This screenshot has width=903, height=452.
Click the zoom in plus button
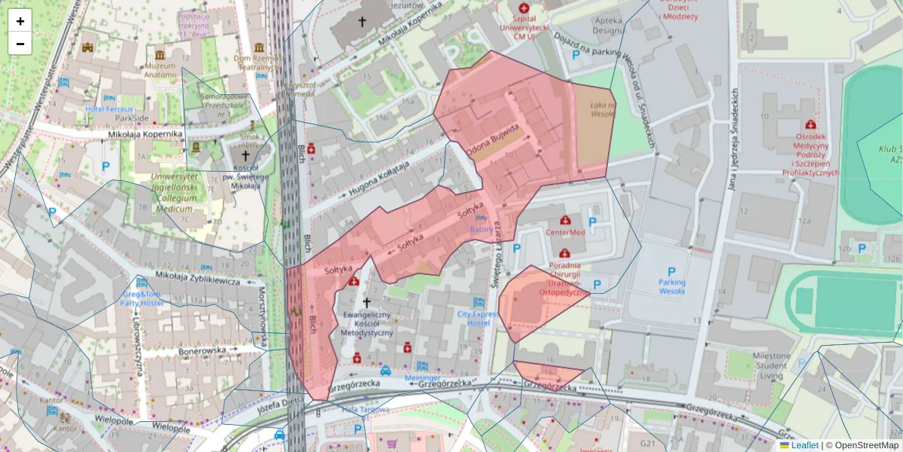click(x=20, y=21)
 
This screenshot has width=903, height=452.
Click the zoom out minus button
click(x=20, y=44)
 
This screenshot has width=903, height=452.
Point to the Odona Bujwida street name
click(x=494, y=141)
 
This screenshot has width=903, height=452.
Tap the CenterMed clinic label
click(x=565, y=233)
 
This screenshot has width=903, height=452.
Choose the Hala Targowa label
click(x=366, y=410)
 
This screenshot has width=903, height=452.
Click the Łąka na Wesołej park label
click(x=603, y=110)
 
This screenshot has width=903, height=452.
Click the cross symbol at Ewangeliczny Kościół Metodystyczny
click(x=367, y=301)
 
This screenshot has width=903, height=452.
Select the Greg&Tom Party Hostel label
click(x=142, y=298)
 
